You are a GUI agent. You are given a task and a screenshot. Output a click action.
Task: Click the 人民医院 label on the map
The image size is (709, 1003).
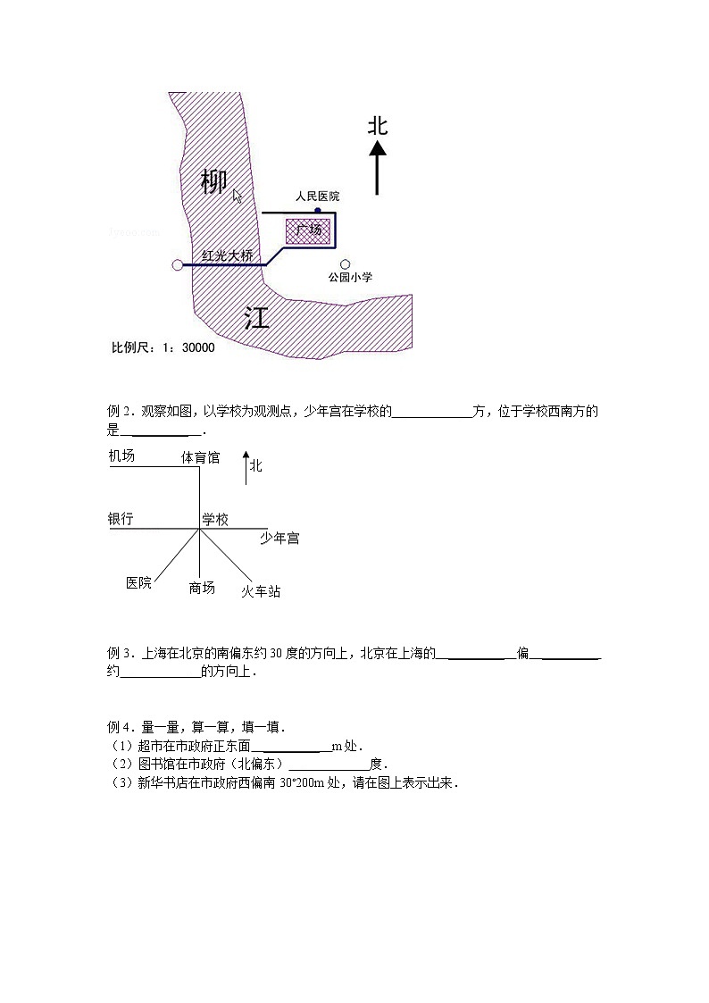click(317, 196)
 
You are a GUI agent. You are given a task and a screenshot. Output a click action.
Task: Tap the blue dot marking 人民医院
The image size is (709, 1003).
click(318, 210)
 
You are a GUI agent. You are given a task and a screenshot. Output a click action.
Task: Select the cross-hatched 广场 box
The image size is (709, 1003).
click(309, 230)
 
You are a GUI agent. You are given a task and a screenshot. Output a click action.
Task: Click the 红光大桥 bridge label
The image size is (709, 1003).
click(229, 255)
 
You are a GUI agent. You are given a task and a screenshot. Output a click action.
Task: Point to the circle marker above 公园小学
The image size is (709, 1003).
click(346, 263)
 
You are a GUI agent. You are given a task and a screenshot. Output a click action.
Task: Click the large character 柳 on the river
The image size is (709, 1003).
click(213, 181)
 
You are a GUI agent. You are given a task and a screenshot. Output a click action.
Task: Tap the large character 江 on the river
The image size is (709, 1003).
click(257, 317)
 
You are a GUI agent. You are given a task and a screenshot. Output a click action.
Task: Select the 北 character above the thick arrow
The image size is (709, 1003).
click(378, 126)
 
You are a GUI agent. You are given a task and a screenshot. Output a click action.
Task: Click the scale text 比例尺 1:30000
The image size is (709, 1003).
click(163, 347)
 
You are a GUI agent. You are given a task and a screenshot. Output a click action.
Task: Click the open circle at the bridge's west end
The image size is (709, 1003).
click(177, 264)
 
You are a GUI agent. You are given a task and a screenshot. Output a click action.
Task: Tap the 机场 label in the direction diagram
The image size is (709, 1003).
click(122, 456)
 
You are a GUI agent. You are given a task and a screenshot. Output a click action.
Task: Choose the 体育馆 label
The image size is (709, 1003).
click(200, 457)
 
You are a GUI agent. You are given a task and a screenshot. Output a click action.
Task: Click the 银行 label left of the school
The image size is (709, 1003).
click(121, 518)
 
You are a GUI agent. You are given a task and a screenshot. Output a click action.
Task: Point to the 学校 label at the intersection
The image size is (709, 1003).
click(214, 519)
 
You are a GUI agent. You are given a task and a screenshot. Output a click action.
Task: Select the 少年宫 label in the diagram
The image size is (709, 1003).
click(279, 538)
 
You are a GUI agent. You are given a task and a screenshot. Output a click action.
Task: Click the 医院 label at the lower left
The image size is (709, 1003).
click(139, 582)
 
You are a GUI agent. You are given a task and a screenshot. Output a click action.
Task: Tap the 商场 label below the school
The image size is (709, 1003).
click(202, 587)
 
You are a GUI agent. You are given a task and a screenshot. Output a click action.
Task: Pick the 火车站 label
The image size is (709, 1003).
click(261, 590)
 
